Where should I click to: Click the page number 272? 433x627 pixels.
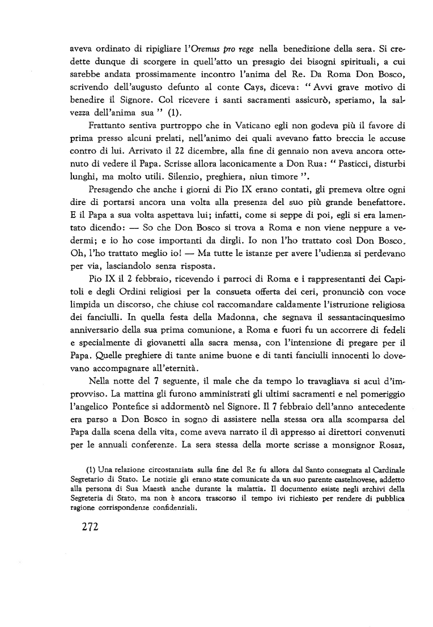tap(87, 527)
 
